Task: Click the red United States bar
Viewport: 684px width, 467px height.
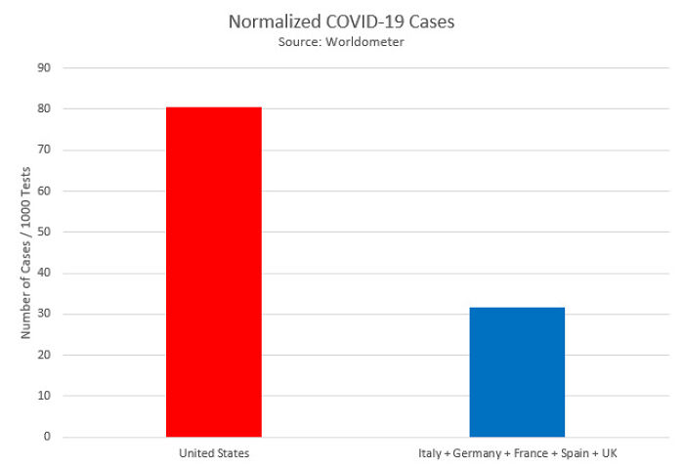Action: [x=213, y=272]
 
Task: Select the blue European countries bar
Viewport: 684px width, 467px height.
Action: [x=517, y=372]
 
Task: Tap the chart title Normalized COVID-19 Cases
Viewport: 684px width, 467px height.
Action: [x=341, y=21]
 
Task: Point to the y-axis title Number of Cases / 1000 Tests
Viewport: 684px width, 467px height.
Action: [x=27, y=252]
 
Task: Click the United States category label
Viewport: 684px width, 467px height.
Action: [x=213, y=453]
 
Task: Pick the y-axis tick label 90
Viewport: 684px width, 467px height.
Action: [x=44, y=68]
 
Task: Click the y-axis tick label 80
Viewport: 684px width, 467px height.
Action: [x=44, y=109]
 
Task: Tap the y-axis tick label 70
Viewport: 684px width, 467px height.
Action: [x=44, y=150]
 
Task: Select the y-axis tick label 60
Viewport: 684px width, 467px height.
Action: [x=44, y=191]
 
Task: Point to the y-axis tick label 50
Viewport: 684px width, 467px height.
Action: [x=44, y=233]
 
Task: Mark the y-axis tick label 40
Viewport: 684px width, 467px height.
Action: [x=44, y=274]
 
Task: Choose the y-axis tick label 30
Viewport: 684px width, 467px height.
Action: [x=44, y=315]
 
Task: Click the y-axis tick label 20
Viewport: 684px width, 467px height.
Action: [x=44, y=356]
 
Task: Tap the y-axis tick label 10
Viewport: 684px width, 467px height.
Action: [x=44, y=397]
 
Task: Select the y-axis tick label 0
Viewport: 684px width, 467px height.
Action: [x=47, y=437]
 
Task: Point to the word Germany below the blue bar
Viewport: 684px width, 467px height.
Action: [x=472, y=453]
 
